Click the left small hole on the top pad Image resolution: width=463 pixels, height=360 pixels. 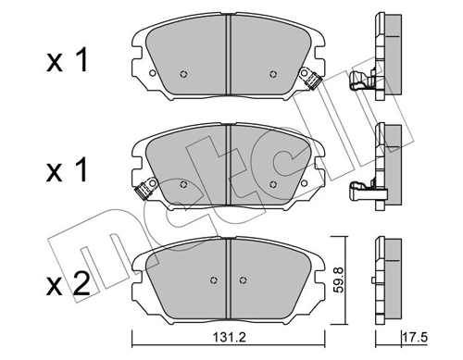pyautogui.click(x=184, y=75)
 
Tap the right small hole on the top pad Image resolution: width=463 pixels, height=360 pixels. pyautogui.click(x=271, y=75)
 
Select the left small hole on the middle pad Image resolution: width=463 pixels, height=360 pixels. pyautogui.click(x=184, y=184)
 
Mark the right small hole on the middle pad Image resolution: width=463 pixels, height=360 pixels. pyautogui.click(x=271, y=184)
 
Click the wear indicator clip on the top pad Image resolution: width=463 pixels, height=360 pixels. pyautogui.click(x=314, y=84)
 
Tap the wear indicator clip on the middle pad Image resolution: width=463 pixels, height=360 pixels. pyautogui.click(x=143, y=192)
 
